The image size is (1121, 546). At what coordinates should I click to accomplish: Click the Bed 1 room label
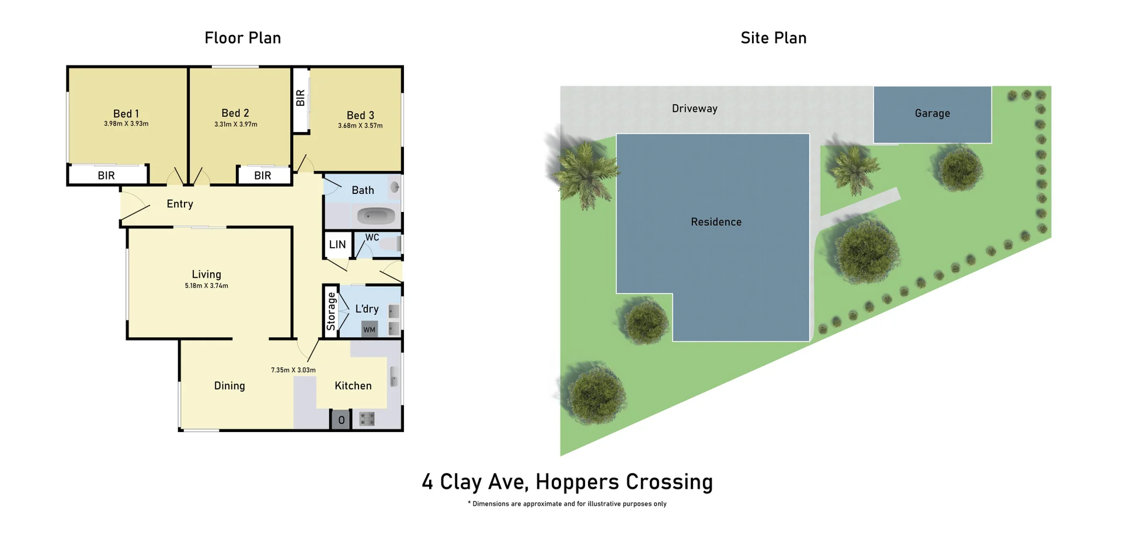(126, 114)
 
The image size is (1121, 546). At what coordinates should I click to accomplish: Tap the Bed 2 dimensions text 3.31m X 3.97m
(235, 124)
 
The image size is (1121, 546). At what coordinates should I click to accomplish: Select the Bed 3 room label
(360, 116)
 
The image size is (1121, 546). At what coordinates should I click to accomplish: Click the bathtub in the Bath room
(376, 216)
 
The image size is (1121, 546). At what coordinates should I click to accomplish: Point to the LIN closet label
(337, 245)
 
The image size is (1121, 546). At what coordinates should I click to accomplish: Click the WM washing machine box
(370, 329)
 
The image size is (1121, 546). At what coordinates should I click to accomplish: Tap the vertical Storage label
(331, 311)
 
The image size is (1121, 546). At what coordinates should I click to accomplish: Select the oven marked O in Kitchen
(341, 420)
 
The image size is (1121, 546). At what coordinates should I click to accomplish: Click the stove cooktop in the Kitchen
(367, 419)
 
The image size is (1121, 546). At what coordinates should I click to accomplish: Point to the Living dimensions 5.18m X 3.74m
(206, 286)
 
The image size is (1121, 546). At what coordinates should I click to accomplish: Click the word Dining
(229, 386)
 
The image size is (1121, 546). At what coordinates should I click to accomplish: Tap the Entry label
(180, 204)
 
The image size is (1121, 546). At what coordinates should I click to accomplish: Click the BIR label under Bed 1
(106, 175)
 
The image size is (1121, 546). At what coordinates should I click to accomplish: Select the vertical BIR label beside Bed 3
(301, 98)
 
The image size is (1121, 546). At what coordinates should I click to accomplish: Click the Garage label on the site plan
(932, 113)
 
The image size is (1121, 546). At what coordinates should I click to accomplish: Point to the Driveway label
(694, 109)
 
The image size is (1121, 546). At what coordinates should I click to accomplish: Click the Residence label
(716, 222)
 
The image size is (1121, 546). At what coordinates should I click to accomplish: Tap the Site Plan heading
(773, 38)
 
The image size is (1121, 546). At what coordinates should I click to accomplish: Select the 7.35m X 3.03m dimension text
(293, 370)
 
